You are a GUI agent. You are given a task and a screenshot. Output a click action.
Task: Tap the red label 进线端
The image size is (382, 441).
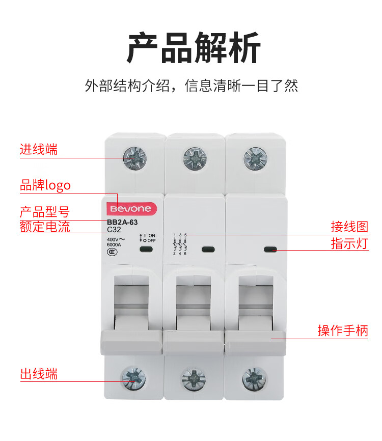(x=39, y=150)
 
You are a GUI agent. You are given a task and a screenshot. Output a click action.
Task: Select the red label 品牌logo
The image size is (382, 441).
(x=45, y=185)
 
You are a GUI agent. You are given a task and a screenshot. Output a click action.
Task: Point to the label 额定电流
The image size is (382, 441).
(x=45, y=227)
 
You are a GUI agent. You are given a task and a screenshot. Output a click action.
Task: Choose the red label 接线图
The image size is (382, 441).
(x=349, y=227)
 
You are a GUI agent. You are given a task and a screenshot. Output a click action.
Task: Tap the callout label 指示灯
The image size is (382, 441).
(x=349, y=243)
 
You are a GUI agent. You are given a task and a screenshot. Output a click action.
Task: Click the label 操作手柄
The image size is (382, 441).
(x=342, y=331)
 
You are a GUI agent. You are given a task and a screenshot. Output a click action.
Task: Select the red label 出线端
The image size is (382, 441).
(x=39, y=374)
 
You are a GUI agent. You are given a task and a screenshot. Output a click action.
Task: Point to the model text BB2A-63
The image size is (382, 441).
(x=122, y=222)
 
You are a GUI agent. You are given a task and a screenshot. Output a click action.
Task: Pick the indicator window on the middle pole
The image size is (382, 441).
(x=206, y=250)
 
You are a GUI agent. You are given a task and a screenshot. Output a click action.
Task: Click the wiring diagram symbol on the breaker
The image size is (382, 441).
(x=180, y=244)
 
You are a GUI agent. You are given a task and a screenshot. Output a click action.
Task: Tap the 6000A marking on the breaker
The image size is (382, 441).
(x=114, y=244)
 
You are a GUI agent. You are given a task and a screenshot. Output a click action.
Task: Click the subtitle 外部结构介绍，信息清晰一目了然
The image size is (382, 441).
(x=191, y=85)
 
